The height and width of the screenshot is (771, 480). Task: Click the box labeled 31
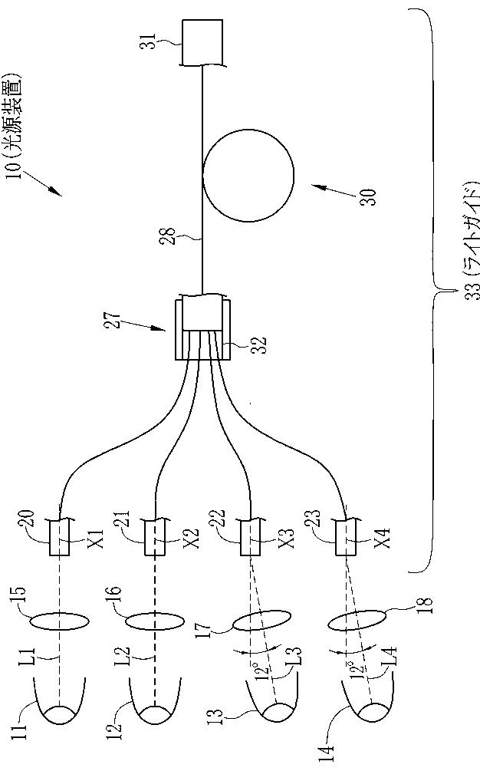[202, 44]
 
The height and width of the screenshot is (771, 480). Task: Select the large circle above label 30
[248, 176]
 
